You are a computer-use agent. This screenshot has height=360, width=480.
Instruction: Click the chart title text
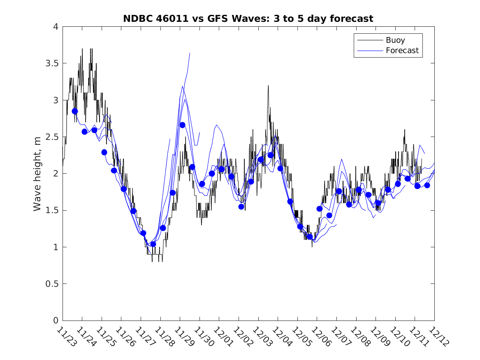[248, 19]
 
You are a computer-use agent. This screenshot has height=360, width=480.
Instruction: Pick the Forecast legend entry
[402, 51]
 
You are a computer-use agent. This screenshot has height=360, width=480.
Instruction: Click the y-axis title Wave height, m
[37, 173]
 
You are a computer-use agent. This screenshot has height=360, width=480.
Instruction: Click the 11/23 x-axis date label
[65, 337]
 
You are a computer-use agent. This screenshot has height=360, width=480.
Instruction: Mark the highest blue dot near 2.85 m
[75, 111]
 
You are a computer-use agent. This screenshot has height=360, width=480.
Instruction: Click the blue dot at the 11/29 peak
[182, 125]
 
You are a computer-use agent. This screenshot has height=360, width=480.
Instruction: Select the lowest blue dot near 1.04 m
[153, 244]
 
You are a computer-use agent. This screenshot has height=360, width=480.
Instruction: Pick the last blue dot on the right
[427, 185]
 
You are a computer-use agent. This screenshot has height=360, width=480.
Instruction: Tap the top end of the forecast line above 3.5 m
[190, 53]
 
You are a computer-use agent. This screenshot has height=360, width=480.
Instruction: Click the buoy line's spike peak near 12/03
[268, 86]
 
